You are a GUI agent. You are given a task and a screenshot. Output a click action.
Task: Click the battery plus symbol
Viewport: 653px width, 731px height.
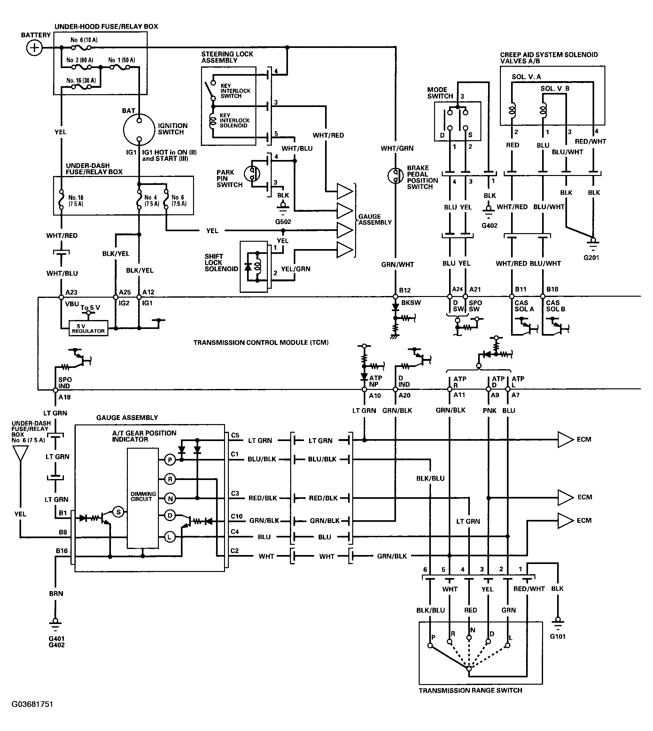(35, 48)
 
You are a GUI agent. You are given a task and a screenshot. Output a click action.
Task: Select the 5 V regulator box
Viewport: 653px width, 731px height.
(88, 328)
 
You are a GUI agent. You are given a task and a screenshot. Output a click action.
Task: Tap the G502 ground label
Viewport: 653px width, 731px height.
(283, 222)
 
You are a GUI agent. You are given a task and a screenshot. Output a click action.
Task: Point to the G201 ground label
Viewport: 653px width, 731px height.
(591, 257)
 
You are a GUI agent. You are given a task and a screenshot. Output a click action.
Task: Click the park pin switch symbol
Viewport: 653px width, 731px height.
(252, 174)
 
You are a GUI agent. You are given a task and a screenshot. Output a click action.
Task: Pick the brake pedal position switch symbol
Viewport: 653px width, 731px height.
(395, 175)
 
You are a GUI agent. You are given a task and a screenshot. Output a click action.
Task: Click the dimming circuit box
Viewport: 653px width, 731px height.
(143, 498)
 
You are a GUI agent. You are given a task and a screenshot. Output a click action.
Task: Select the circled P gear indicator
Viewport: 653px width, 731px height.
(170, 460)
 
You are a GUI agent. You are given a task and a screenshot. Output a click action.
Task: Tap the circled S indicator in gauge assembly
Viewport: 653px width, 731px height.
(118, 512)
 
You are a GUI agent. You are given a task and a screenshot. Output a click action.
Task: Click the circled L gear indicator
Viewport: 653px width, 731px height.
(170, 537)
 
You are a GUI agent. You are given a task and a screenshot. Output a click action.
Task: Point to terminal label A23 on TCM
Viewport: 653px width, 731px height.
(71, 292)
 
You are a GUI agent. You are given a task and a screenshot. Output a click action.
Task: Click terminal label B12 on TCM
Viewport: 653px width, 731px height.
(405, 290)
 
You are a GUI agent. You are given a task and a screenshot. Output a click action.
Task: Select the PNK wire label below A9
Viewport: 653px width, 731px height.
(489, 410)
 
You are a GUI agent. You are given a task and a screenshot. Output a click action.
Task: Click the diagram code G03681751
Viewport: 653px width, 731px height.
(32, 704)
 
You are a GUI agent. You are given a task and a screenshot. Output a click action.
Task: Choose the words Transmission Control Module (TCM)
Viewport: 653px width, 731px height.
(261, 342)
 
